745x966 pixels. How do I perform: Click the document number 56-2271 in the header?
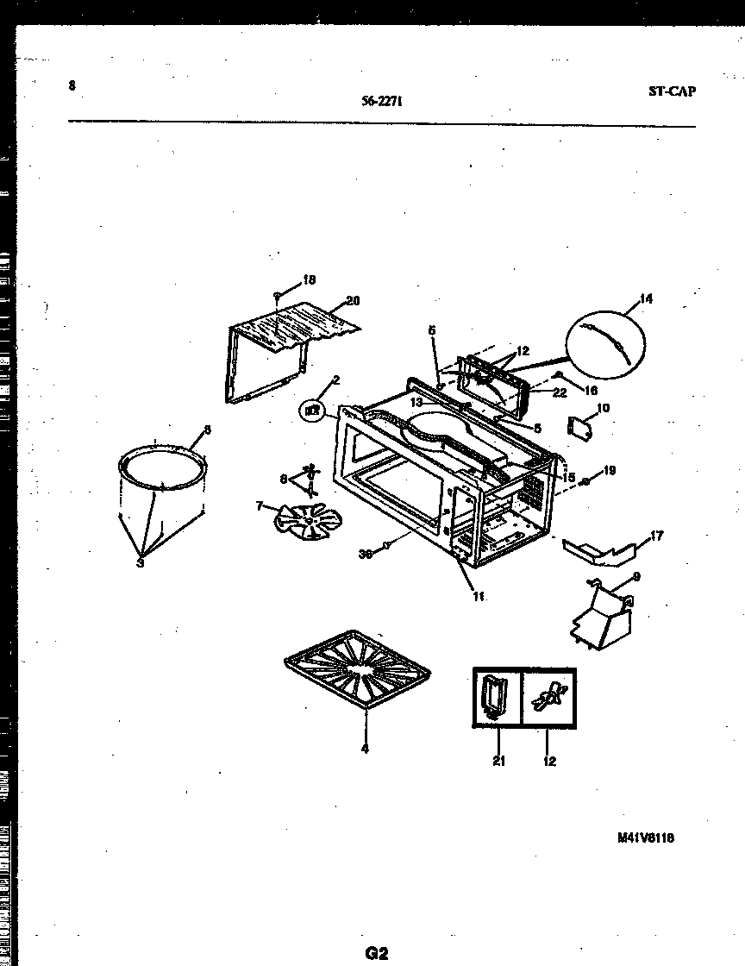click(x=383, y=100)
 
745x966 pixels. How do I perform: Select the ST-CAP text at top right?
click(x=671, y=91)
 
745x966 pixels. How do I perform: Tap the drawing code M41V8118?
click(x=645, y=837)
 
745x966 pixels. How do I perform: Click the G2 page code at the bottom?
click(x=376, y=953)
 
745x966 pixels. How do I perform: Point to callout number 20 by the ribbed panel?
click(x=352, y=301)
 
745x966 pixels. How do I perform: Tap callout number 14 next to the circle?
click(x=646, y=299)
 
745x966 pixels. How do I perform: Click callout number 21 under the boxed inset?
click(x=499, y=761)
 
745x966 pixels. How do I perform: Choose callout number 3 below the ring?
click(x=140, y=564)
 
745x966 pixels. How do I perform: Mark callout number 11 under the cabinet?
click(x=477, y=596)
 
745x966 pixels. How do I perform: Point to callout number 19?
click(x=610, y=471)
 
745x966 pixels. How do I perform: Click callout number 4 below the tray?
click(x=365, y=749)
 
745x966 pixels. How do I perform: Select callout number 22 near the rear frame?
click(x=560, y=393)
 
